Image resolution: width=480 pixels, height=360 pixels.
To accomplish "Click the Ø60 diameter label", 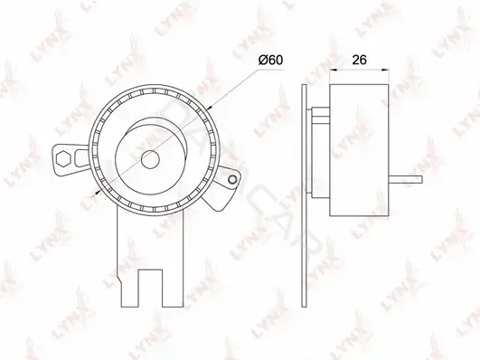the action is [270, 60].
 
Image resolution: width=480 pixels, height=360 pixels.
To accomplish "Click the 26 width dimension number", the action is [359, 60].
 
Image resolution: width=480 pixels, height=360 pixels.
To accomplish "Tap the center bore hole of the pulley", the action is [151, 160].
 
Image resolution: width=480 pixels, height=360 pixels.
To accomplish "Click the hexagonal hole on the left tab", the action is [63, 158].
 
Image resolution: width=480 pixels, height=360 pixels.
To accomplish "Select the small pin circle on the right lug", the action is [232, 179].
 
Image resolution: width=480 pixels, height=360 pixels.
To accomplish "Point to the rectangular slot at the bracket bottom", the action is [150, 288].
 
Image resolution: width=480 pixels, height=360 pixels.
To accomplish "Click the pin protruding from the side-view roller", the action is [406, 180].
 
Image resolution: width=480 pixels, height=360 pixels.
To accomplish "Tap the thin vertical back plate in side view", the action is [304, 195].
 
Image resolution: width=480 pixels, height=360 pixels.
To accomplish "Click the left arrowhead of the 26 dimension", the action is [333, 71].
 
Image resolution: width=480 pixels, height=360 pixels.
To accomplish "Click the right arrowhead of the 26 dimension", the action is [385, 71].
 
